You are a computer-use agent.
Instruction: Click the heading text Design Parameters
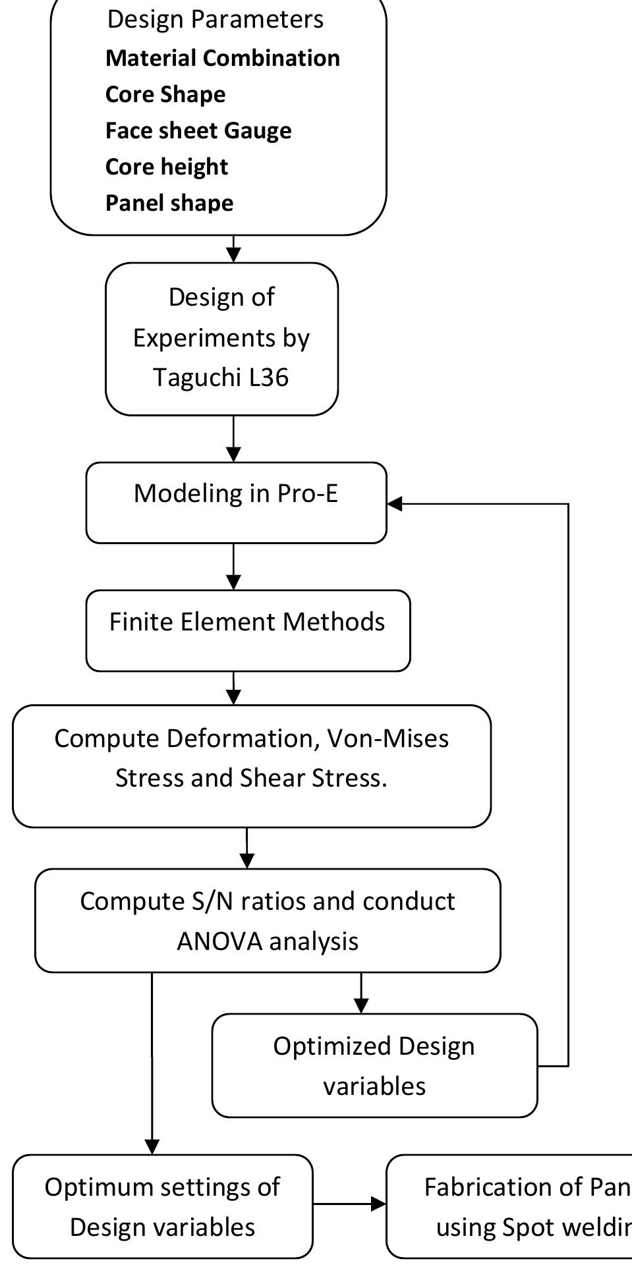coord(215,20)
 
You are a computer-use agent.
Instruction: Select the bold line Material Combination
coord(222,58)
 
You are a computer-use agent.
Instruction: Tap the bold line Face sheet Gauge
coord(198,130)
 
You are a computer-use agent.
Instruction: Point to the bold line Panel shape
coord(169,203)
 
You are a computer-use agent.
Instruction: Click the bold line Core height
coord(166,167)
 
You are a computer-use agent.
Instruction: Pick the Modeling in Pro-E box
coord(235,503)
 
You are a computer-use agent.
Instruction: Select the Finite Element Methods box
coord(247,630)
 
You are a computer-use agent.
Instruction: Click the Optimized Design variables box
coord(374,1065)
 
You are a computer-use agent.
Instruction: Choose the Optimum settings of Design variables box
coord(162,1206)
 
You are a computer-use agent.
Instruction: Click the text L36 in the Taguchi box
coord(269,377)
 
